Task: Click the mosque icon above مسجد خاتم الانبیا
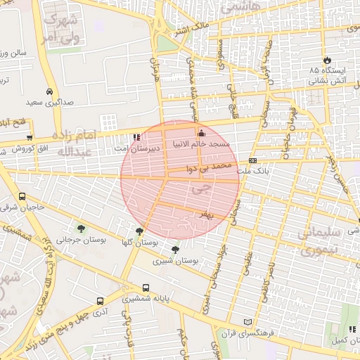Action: [x=201, y=133]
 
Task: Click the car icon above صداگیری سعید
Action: [x=49, y=91]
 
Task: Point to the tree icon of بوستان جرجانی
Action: [x=82, y=228]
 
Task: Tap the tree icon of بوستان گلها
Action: [x=139, y=231]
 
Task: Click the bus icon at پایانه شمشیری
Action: [x=146, y=288]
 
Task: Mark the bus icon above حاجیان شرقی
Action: [x=22, y=197]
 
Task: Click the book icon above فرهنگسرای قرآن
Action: [x=246, y=321]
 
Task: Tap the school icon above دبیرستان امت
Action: [x=136, y=138]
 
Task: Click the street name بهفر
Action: [x=205, y=213]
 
